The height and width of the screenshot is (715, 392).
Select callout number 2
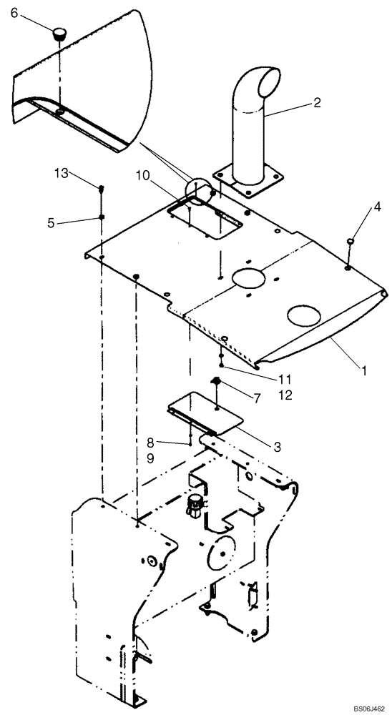(x=316, y=103)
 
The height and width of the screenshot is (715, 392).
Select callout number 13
(x=62, y=173)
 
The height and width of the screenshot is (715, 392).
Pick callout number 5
(x=51, y=222)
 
